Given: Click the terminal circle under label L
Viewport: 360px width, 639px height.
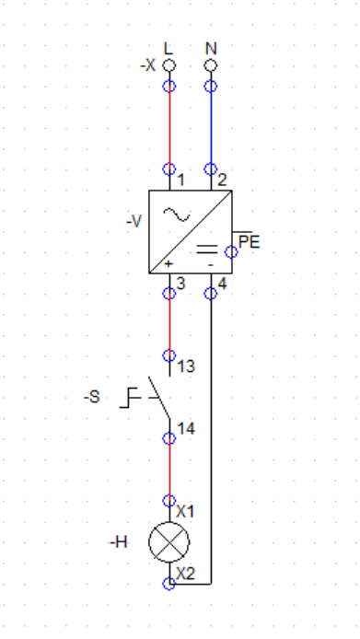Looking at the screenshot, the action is click(169, 65).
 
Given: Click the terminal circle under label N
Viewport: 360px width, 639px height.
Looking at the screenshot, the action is click(210, 65).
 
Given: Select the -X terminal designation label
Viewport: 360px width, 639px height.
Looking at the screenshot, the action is click(147, 65).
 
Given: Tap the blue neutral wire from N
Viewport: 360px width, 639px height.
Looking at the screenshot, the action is click(211, 127).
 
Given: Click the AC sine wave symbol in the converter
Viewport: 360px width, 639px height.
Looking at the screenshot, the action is click(176, 215).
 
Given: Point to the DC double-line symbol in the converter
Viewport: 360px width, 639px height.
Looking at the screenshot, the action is click(207, 249).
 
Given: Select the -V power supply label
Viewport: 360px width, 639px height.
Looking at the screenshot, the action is click(134, 222).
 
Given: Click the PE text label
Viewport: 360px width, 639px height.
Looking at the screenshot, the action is click(250, 242).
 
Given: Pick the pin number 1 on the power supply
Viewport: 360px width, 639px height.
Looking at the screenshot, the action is click(181, 180).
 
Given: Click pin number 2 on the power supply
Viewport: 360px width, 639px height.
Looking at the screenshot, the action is click(222, 180).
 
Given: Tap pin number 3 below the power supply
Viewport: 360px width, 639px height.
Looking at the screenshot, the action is click(180, 284).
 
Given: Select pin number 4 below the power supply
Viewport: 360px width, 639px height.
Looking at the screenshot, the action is click(222, 284).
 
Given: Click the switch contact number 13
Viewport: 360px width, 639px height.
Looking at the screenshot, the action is click(186, 366).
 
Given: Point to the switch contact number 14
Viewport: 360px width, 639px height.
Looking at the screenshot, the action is click(186, 428).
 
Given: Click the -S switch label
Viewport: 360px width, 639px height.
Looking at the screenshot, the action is click(92, 397).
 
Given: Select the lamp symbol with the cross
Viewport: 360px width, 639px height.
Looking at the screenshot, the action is click(169, 542).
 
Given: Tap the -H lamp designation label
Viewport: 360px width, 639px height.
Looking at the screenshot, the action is click(119, 542).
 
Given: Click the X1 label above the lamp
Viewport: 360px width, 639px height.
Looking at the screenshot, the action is click(185, 511).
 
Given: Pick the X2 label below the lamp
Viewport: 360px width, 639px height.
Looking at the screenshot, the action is click(185, 574).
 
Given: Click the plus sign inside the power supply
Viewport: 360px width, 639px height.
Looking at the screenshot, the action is click(168, 264).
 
